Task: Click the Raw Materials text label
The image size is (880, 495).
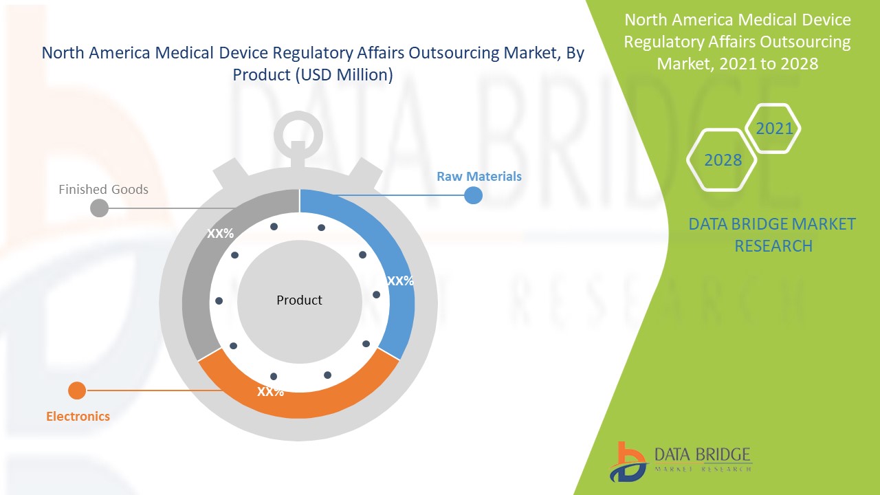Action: click(479, 177)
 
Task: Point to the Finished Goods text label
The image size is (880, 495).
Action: click(103, 189)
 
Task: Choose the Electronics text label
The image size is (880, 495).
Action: click(78, 416)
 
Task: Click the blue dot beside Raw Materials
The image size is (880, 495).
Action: click(473, 196)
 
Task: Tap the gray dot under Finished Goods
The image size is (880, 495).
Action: click(100, 208)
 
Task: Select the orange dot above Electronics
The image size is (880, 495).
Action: click(77, 390)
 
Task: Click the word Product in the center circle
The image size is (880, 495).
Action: click(299, 300)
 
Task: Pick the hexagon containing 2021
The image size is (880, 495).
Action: click(773, 129)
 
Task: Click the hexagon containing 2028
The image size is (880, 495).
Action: click(723, 160)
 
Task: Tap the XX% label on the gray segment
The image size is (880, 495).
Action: click(221, 234)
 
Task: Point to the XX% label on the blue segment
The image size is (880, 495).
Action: click(400, 280)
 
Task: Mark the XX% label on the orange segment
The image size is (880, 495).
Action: click(270, 392)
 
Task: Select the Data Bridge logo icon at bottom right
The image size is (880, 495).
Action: click(626, 461)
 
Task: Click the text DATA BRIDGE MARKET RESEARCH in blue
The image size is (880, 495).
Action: click(772, 234)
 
